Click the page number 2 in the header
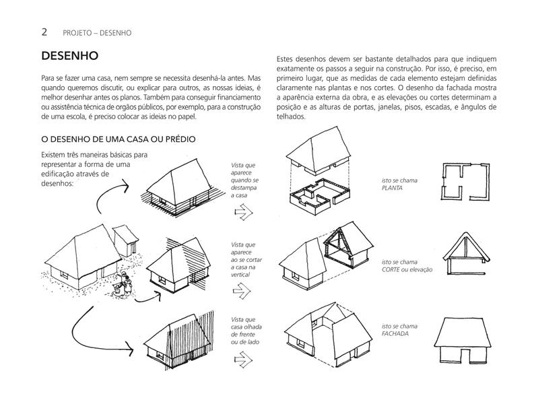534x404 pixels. point(44,32)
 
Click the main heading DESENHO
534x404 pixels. point(71,57)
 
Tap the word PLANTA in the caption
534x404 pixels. point(394,190)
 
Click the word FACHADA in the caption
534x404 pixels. point(395,333)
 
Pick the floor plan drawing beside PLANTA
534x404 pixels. point(467,181)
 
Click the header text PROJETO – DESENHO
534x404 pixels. point(97,32)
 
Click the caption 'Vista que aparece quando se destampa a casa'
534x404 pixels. point(244,180)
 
